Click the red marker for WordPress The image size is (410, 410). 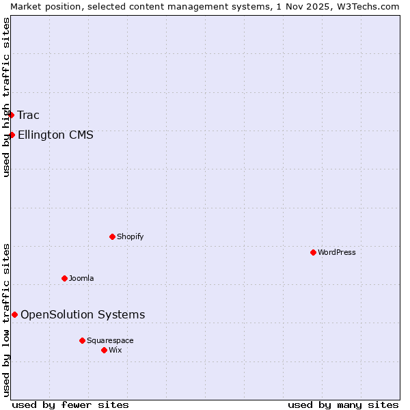coord(313,252)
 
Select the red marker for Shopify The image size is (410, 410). coord(112,236)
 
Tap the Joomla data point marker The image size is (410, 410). coord(64,278)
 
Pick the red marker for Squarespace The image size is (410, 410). coord(82,340)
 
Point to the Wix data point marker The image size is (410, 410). coord(104,350)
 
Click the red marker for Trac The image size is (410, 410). coord(12,115)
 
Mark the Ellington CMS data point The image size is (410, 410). coord(12,135)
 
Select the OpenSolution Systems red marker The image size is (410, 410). coord(14,314)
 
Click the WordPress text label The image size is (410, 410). coord(337,252)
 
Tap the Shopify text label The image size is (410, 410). coord(130,236)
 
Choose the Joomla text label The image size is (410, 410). coord(81,278)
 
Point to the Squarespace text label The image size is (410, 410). coord(110,340)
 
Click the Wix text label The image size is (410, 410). coord(115,350)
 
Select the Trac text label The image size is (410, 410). coord(29,115)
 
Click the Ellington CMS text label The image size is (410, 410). coord(55,135)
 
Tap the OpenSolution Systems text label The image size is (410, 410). coord(83,314)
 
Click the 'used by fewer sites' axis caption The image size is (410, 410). coord(70,405)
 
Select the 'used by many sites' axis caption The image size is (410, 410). coord(343,405)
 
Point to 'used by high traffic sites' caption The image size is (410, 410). coord(6,97)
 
